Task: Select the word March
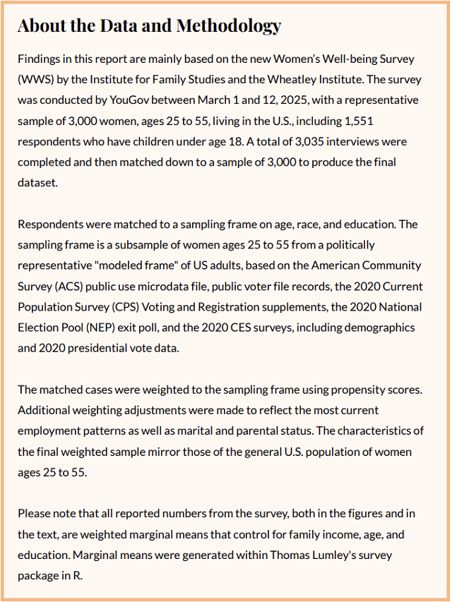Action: point(246,100)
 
